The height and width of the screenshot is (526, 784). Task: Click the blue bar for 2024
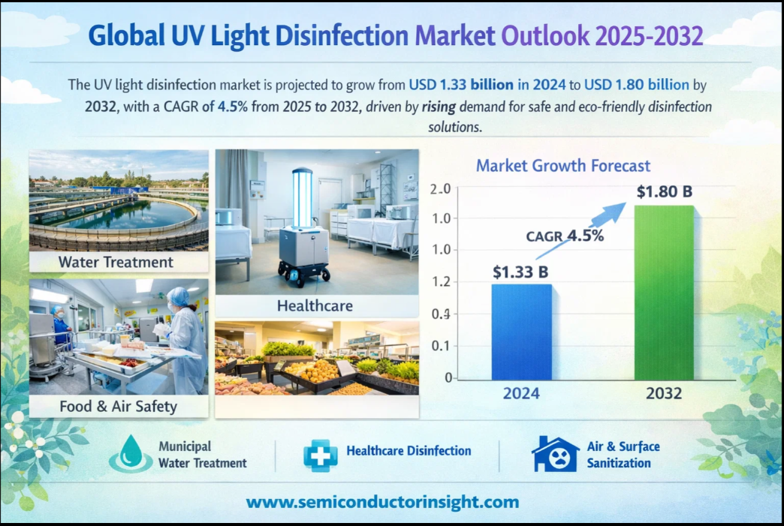pos(521,331)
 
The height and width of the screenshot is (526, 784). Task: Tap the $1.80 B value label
pos(664,191)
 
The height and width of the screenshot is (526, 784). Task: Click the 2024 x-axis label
pos(521,393)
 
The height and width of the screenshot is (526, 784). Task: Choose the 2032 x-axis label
pos(663,393)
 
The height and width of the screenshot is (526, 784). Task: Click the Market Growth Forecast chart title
pos(563,165)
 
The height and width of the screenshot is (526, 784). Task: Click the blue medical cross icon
pos(320,452)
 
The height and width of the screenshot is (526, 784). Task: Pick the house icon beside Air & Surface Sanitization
pos(554,452)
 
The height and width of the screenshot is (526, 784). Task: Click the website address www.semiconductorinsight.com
pos(382,502)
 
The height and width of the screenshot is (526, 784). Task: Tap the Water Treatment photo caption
pos(116,262)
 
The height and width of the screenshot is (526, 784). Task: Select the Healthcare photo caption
pos(315,305)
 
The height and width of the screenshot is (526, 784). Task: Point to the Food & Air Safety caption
pos(119,407)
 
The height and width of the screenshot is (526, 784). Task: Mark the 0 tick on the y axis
pos(448,377)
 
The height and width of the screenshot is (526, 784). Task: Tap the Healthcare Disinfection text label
pos(409,451)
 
